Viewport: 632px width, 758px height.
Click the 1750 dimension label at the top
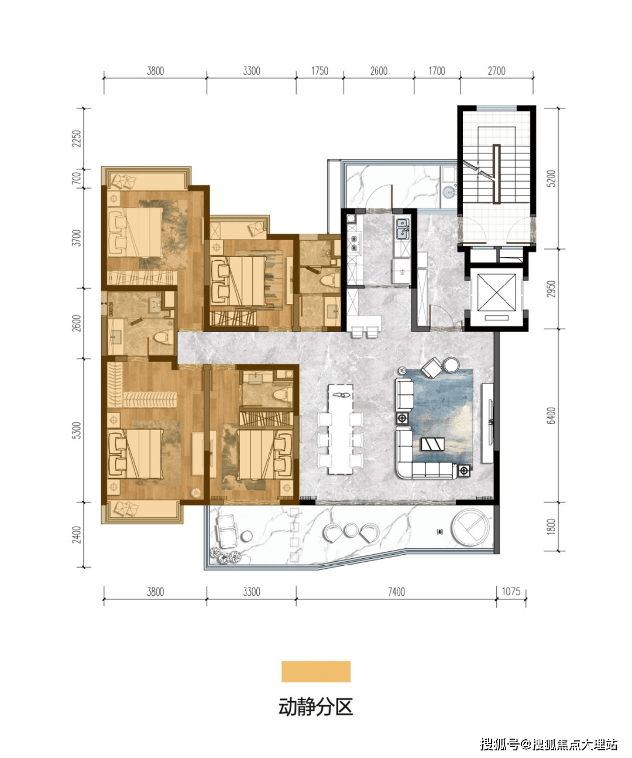tap(320, 71)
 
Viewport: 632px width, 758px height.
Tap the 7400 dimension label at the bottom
tap(396, 592)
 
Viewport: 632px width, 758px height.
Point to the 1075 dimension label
tap(511, 592)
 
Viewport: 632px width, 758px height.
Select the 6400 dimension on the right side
tap(551, 416)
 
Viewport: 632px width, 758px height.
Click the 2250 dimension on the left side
tap(77, 138)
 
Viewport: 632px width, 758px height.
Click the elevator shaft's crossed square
tap(496, 292)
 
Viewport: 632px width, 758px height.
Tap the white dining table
tap(341, 429)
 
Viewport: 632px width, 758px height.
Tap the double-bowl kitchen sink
tap(403, 228)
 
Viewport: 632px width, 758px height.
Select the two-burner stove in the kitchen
tap(353, 243)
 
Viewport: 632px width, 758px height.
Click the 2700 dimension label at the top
tap(496, 71)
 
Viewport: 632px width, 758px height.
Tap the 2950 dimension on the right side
tap(551, 289)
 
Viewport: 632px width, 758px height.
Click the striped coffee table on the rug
tap(432, 443)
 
